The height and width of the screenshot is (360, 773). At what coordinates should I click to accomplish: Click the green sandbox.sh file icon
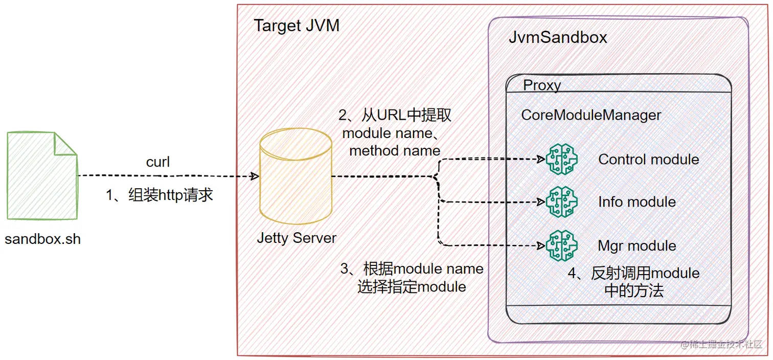click(x=42, y=175)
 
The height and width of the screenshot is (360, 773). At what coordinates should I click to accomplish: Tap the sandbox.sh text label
click(x=43, y=239)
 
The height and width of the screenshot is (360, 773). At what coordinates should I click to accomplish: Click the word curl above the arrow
click(x=158, y=162)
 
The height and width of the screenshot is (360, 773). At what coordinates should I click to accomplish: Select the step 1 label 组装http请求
click(x=159, y=195)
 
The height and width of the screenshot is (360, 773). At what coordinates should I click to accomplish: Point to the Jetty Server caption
click(x=297, y=238)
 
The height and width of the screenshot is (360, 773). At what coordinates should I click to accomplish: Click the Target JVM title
click(x=297, y=26)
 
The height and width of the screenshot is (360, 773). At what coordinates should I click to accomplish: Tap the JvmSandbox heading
click(x=558, y=37)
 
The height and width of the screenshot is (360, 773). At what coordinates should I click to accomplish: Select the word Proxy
click(x=542, y=85)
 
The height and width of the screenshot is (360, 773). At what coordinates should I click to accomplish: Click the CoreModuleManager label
click(x=591, y=115)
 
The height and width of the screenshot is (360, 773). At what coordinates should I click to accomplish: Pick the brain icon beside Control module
click(x=561, y=159)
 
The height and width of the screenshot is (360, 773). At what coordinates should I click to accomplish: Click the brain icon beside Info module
click(x=561, y=202)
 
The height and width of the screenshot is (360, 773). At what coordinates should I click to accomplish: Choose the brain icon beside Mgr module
click(x=561, y=246)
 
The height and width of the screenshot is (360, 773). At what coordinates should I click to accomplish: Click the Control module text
click(x=648, y=159)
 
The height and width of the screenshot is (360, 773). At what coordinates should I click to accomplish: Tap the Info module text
click(x=637, y=202)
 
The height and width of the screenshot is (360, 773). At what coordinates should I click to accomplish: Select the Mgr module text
click(x=637, y=246)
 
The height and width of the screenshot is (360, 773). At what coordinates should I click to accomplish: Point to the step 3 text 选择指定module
click(x=412, y=287)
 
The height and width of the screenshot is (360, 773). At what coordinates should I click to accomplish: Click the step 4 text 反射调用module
click(x=634, y=273)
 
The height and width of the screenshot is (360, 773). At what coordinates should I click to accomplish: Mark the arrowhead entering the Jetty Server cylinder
click(x=255, y=176)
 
